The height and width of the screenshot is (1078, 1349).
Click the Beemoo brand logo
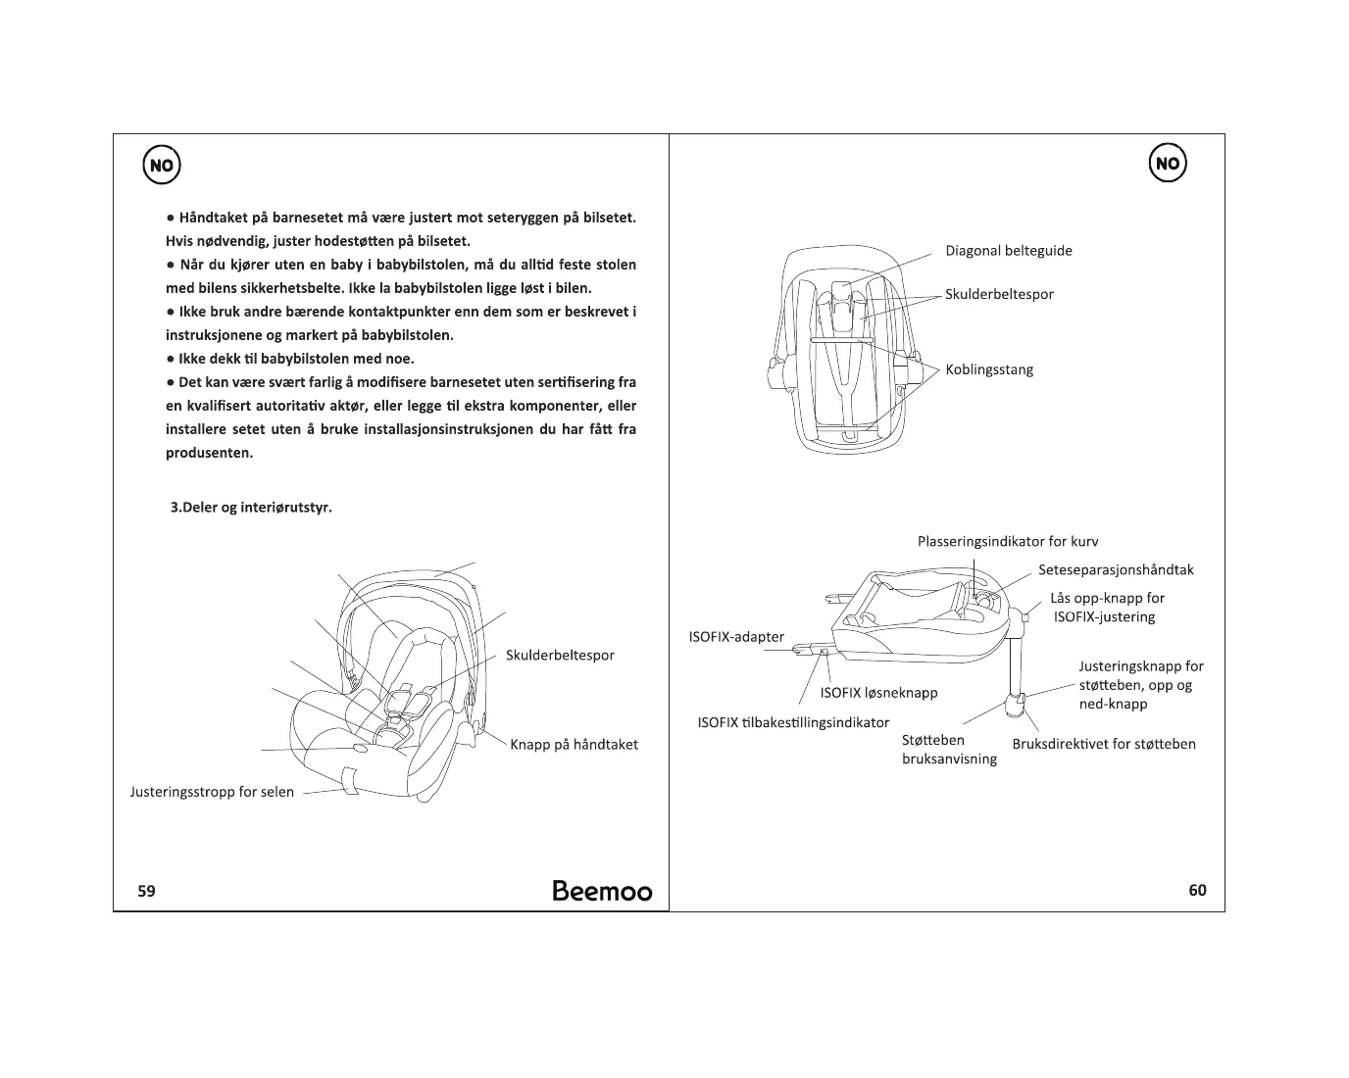pyautogui.click(x=601, y=890)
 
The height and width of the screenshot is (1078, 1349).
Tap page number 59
pyautogui.click(x=146, y=891)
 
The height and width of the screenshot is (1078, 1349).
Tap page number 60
pyautogui.click(x=1197, y=890)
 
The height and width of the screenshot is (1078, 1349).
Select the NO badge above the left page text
pyautogui.click(x=162, y=166)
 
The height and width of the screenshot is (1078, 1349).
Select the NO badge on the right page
pyautogui.click(x=1167, y=164)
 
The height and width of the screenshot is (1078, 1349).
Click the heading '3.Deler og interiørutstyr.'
pyautogui.click(x=251, y=508)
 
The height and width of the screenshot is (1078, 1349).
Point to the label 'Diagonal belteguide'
pyautogui.click(x=1008, y=251)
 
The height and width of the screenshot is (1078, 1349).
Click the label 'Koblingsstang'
pyautogui.click(x=988, y=369)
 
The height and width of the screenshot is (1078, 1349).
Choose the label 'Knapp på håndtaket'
pyautogui.click(x=574, y=745)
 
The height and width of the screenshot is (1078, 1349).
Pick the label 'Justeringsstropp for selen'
pyautogui.click(x=212, y=792)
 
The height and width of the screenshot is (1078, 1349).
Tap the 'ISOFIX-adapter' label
pyautogui.click(x=736, y=637)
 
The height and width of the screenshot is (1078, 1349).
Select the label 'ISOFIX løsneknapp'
pyautogui.click(x=878, y=693)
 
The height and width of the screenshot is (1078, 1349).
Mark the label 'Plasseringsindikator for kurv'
pyautogui.click(x=1007, y=542)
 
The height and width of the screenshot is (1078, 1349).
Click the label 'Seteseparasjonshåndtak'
pyautogui.click(x=1115, y=569)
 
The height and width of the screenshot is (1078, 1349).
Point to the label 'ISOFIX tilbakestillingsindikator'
pyautogui.click(x=793, y=722)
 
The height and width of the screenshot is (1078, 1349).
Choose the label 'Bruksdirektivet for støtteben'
pyautogui.click(x=1103, y=744)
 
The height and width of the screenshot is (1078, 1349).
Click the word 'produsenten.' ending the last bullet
pyautogui.click(x=209, y=453)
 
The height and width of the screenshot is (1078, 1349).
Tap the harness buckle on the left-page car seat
pyautogui.click(x=393, y=722)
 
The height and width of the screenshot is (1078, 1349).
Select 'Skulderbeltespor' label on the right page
pyautogui.click(x=999, y=294)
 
